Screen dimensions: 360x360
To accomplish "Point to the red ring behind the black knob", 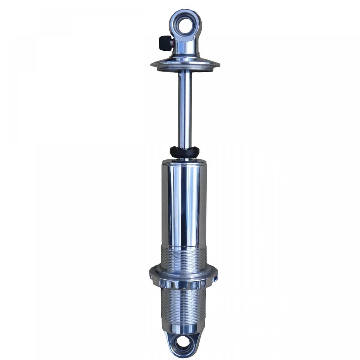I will pos(172,43).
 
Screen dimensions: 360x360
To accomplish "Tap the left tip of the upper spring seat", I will pos(152,64).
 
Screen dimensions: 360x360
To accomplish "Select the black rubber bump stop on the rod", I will pos(184,152).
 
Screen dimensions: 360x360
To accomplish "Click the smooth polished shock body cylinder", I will pos(184,204).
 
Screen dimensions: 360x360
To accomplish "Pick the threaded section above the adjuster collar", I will pos(184,256).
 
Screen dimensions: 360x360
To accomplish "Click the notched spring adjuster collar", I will pos(184,277).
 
